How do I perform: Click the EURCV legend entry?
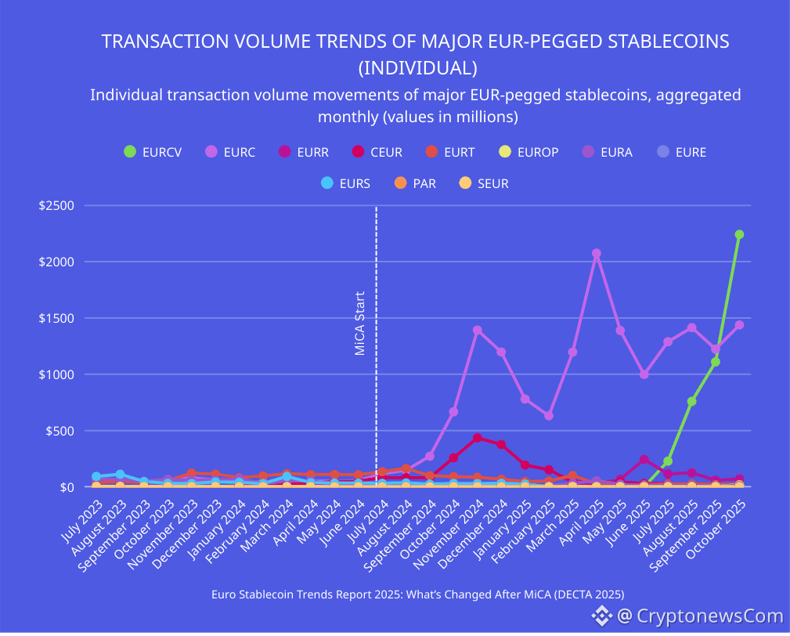[153, 152]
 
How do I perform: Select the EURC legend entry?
[229, 152]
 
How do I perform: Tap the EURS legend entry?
[346, 183]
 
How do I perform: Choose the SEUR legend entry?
[484, 183]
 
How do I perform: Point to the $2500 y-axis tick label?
[56, 206]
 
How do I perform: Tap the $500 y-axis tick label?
[60, 431]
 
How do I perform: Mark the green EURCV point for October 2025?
[739, 234]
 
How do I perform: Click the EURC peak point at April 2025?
[597, 254]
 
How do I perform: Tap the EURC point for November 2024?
[477, 330]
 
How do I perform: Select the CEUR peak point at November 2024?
[477, 438]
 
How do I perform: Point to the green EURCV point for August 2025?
[691, 401]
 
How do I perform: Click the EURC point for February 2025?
[549, 416]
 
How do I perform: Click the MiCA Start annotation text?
[360, 323]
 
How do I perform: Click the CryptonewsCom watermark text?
[699, 616]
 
